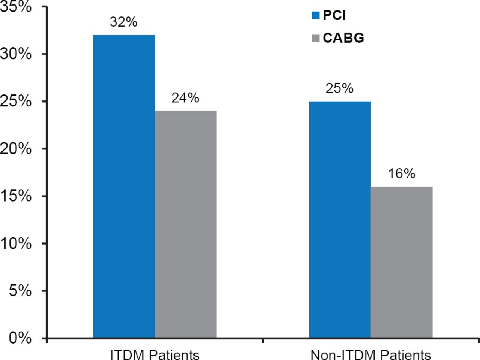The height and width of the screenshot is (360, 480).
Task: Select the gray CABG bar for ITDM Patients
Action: coord(186,224)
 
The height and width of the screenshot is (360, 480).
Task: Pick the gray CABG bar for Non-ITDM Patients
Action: coord(402,262)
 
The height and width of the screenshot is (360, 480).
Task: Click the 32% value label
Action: coord(123,22)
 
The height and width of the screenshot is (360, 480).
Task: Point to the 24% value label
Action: coord(185,98)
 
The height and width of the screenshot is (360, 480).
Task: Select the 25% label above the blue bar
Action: coord(339,88)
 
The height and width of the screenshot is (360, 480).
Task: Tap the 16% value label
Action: coord(401,173)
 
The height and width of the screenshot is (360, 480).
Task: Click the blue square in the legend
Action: coord(316,15)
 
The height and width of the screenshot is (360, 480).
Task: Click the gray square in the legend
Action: coord(316,38)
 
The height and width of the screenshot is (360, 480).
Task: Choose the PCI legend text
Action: coord(334,15)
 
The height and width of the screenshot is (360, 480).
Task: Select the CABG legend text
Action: coord(343,38)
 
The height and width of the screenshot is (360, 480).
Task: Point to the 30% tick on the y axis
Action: coord(16,54)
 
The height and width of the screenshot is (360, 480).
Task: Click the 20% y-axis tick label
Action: coord(16,149)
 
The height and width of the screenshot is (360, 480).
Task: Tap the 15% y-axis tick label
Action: coord(16,196)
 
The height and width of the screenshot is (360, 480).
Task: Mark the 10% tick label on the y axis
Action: coord(16,243)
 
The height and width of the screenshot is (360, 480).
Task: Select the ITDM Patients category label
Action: coord(154,354)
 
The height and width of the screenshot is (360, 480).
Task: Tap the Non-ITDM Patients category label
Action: coord(370,354)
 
